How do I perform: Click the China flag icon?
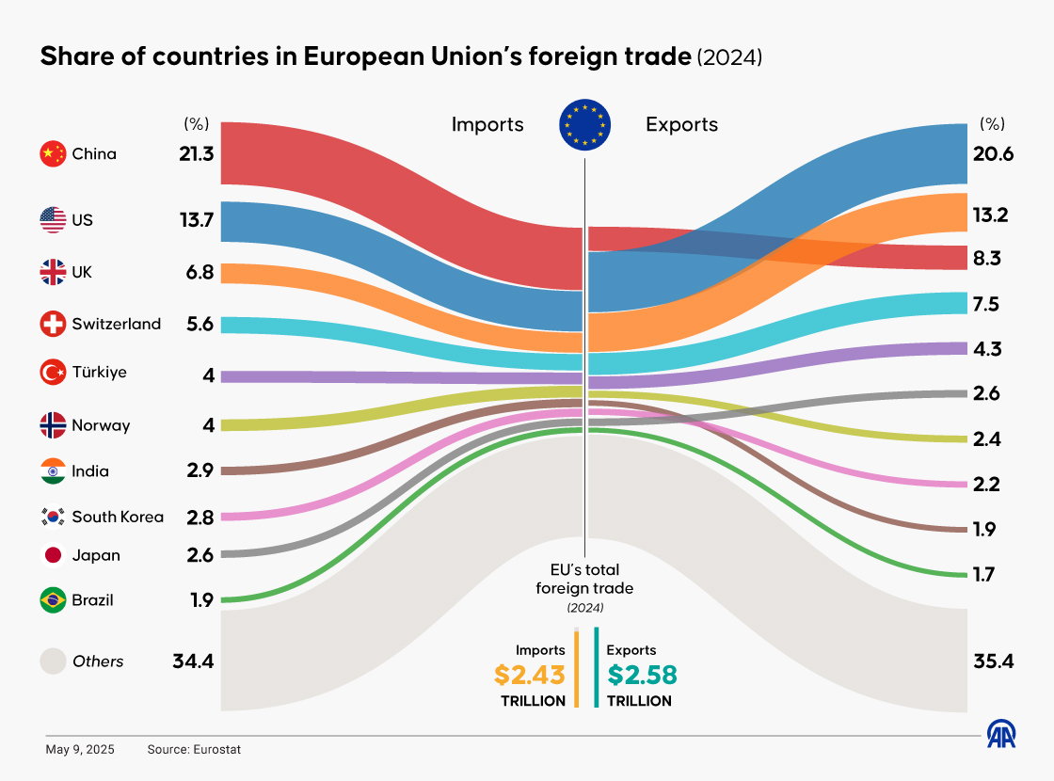click(x=53, y=153)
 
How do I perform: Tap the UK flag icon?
click(x=53, y=273)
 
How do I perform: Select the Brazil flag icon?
click(x=53, y=599)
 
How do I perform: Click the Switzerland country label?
click(x=116, y=324)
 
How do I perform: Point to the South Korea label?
click(x=118, y=517)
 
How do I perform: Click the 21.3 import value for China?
click(x=197, y=153)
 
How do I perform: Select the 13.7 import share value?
click(x=197, y=221)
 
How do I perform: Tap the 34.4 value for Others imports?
click(x=194, y=661)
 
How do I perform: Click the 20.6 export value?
click(x=993, y=154)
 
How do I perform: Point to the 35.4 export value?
click(x=993, y=661)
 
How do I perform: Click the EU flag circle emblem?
click(x=585, y=125)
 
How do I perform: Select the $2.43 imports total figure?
click(x=530, y=675)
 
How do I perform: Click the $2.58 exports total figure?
click(x=642, y=675)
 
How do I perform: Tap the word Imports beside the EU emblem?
click(x=487, y=124)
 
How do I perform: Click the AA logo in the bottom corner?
click(x=1001, y=734)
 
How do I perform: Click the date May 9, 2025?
click(x=80, y=750)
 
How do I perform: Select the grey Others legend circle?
click(x=53, y=661)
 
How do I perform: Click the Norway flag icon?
click(x=53, y=425)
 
